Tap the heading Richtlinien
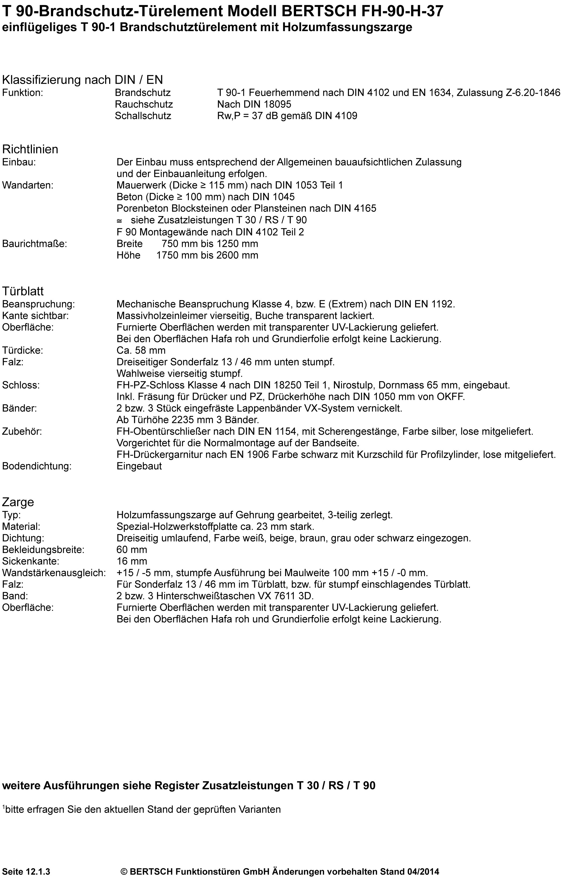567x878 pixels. pos(30,149)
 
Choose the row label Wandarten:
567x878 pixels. pos(28,185)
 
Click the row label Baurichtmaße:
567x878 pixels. pos(35,244)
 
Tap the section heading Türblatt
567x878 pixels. pos(23,291)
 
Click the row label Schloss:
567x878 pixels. pos(21,385)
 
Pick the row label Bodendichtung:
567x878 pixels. pos(37,466)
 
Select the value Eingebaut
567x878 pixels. pos(139,466)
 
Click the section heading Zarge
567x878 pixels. pos(18,502)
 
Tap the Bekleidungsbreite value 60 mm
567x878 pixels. pos(132,550)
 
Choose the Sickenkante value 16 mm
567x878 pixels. pos(132,561)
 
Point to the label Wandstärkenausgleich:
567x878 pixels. pos(54,573)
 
